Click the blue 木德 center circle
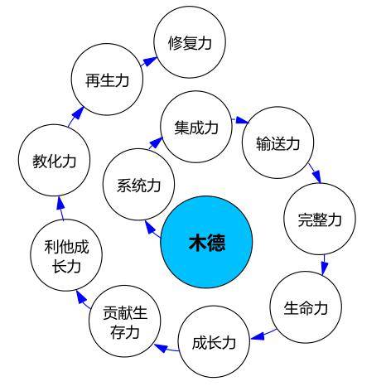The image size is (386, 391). pos(206,242)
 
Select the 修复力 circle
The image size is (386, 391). pos(190,42)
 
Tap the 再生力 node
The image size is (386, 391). pos(107,80)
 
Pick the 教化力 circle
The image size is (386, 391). pos(55,161)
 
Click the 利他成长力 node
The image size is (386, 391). pos(66,255)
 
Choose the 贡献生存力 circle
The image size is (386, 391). pos(125,321)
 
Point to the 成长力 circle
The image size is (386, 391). pos(214,341)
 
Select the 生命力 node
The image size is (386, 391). pos(306,307)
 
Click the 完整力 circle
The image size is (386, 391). pos(320,219)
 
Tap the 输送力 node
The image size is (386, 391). pos(278,142)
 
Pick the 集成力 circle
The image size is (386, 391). pos(196,127)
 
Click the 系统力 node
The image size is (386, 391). pos(138,185)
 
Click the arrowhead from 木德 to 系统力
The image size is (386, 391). pos(150,227)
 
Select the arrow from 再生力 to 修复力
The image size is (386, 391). pos(149,62)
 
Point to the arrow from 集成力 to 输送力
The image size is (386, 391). pos(240,120)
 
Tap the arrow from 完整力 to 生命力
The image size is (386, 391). pos(325,264)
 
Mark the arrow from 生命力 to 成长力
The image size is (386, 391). pos(263,334)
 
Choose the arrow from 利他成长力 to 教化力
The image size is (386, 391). pos(61,208)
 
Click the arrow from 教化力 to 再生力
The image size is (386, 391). pos(76,117)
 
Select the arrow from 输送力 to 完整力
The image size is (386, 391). pos(315,173)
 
